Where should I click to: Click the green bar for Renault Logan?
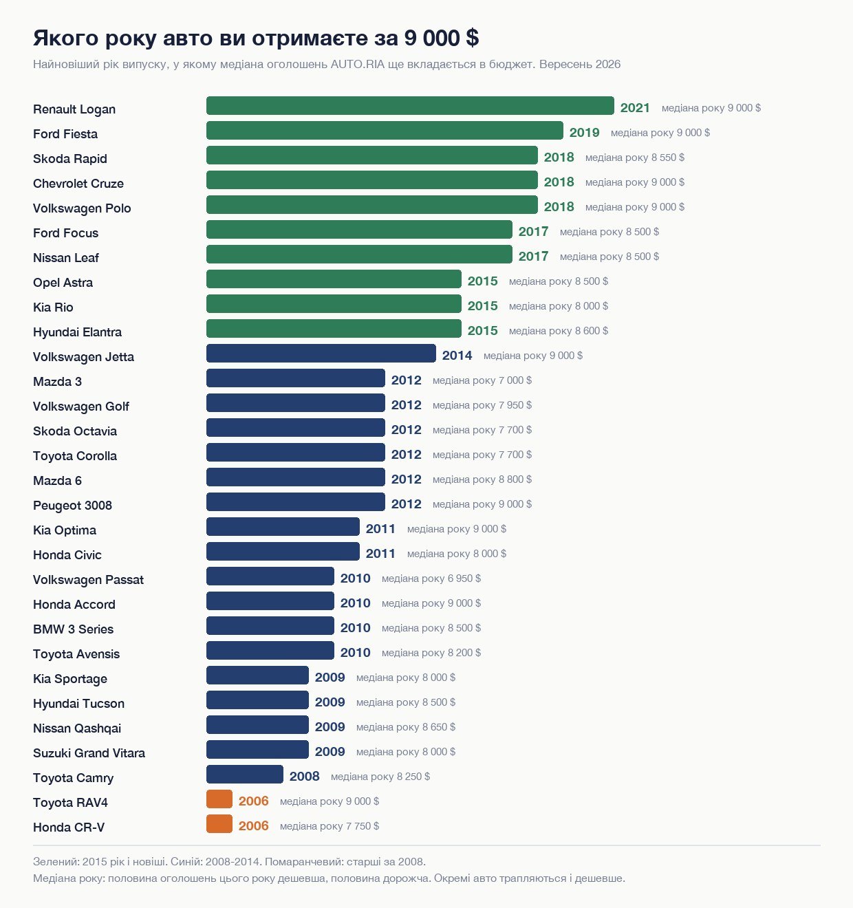point(410,106)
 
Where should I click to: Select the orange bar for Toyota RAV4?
point(219,799)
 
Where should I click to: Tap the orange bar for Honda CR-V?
point(219,823)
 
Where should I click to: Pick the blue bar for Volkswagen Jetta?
point(321,353)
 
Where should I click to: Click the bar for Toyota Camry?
point(245,774)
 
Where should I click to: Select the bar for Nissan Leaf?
point(359,255)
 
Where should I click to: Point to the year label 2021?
point(635,108)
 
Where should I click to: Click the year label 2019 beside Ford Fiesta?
point(584,133)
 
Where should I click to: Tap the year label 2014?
point(457,355)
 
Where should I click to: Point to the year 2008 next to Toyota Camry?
point(304,777)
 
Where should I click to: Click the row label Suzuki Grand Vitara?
point(89,753)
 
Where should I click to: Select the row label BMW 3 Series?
point(73,629)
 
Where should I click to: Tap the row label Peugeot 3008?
point(72,505)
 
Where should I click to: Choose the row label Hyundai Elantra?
point(77,332)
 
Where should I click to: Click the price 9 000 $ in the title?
point(442,38)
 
